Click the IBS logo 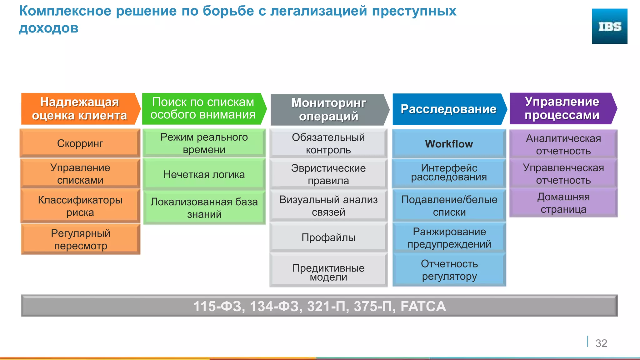tap(609, 26)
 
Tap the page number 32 tap(601, 343)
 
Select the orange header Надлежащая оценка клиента tap(80, 109)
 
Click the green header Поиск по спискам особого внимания tap(203, 108)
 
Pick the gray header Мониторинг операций tap(328, 109)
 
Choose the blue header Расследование tap(448, 109)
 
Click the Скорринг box tap(80, 143)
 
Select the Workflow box tap(449, 144)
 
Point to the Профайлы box tap(328, 237)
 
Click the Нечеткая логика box tap(204, 174)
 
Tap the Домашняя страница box tap(563, 203)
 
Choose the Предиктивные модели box tap(328, 272)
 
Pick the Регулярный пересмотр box tap(81, 239)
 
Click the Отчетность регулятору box tap(449, 270)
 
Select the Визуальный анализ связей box tap(328, 206)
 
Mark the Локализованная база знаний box tap(204, 208)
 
